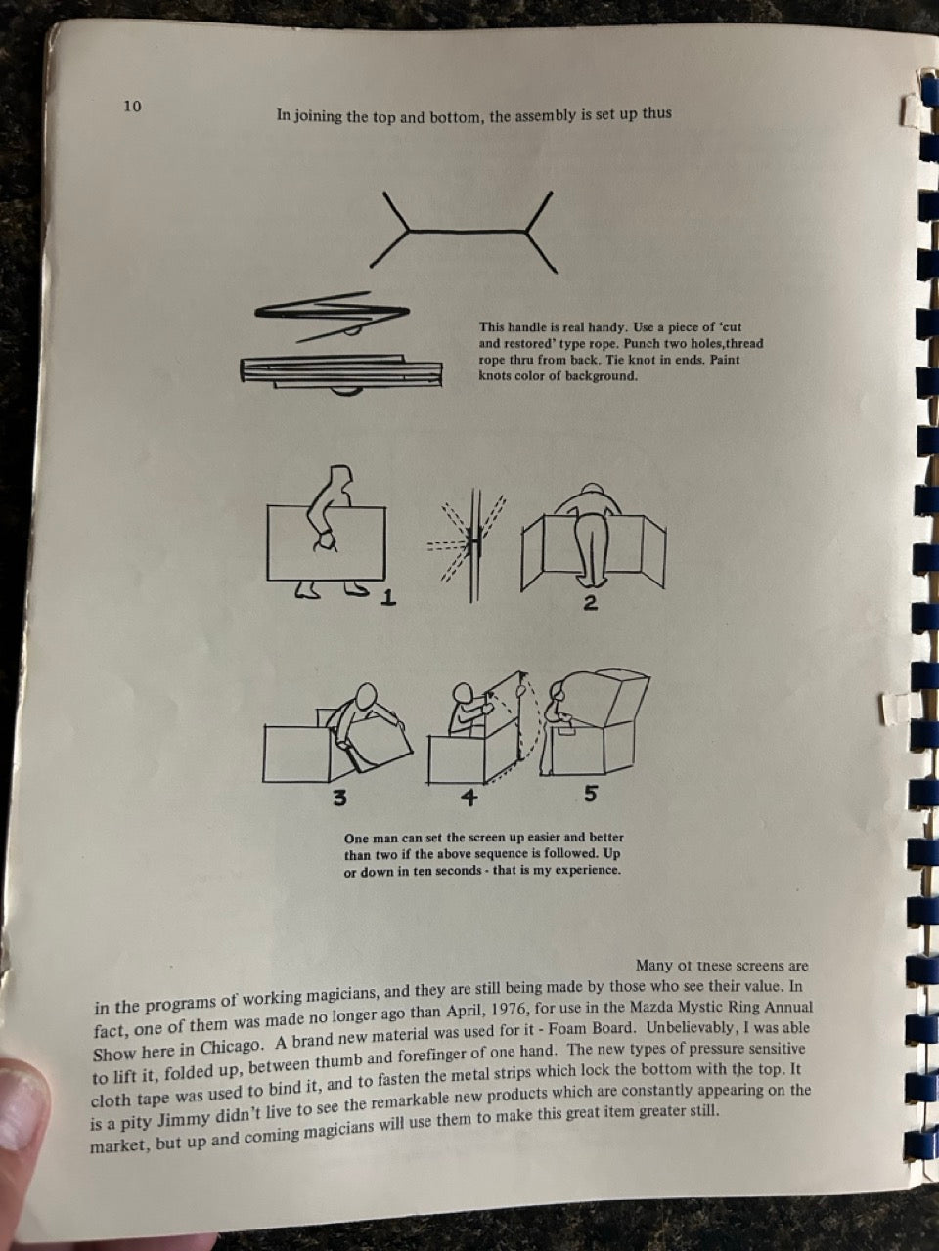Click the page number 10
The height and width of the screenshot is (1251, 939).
pos(132,106)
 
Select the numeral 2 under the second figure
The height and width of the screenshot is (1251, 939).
pos(591,603)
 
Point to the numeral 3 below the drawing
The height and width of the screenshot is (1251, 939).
pos(339,798)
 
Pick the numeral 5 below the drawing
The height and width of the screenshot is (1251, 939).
pos(590,794)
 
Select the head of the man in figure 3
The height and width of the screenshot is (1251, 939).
pos(366,697)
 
